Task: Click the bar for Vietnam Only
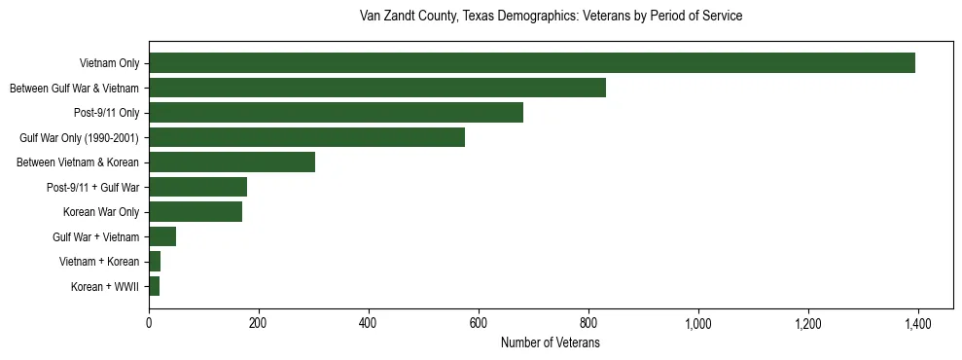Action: (531, 63)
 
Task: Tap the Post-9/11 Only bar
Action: (336, 113)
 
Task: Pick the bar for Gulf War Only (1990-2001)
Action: (306, 137)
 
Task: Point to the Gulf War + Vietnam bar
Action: (162, 236)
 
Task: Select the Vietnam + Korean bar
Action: (155, 262)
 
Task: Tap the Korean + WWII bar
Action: (154, 286)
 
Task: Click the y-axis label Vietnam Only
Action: (110, 64)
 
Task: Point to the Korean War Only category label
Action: (101, 212)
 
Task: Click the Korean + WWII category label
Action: (105, 287)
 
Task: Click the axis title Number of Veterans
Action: (550, 342)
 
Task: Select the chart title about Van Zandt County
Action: (551, 17)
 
